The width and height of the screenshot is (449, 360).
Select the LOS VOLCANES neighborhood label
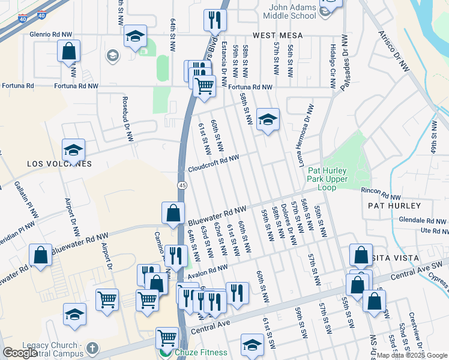pyautogui.click(x=58, y=164)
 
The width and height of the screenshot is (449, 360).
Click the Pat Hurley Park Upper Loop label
pyautogui.click(x=327, y=179)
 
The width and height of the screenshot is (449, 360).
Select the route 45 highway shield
pyautogui.click(x=181, y=185)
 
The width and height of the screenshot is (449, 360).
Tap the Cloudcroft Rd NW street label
pyautogui.click(x=214, y=163)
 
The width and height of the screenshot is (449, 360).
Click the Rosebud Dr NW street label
pyautogui.click(x=126, y=118)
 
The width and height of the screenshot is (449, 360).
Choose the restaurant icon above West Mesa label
pyautogui.click(x=212, y=20)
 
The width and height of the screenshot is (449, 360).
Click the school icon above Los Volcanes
pyautogui.click(x=74, y=149)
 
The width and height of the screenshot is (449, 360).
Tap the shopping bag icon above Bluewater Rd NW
pyautogui.click(x=173, y=213)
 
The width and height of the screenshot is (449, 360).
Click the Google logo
pyautogui.click(x=20, y=353)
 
